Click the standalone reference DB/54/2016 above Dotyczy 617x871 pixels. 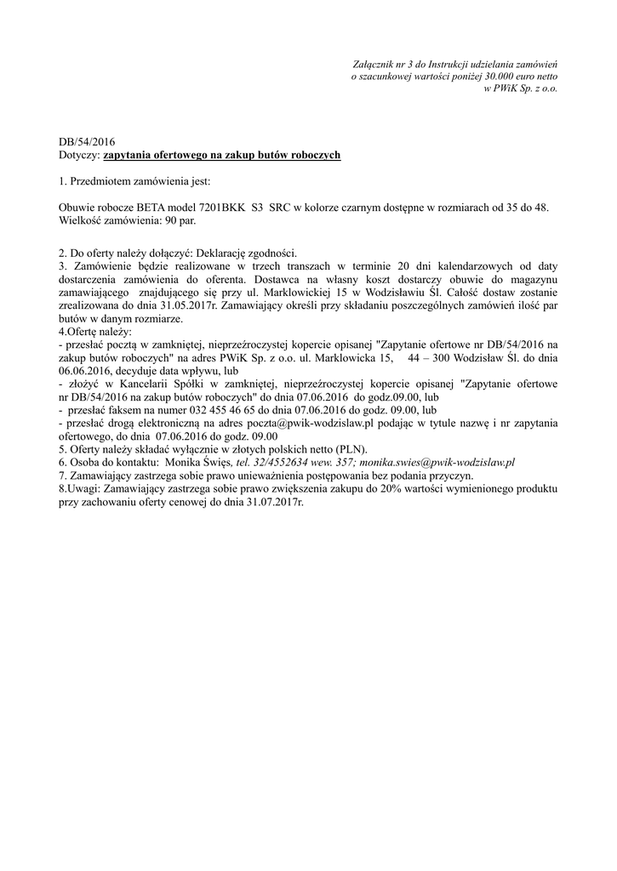click(x=86, y=143)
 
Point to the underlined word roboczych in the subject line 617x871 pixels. click(x=312, y=156)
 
